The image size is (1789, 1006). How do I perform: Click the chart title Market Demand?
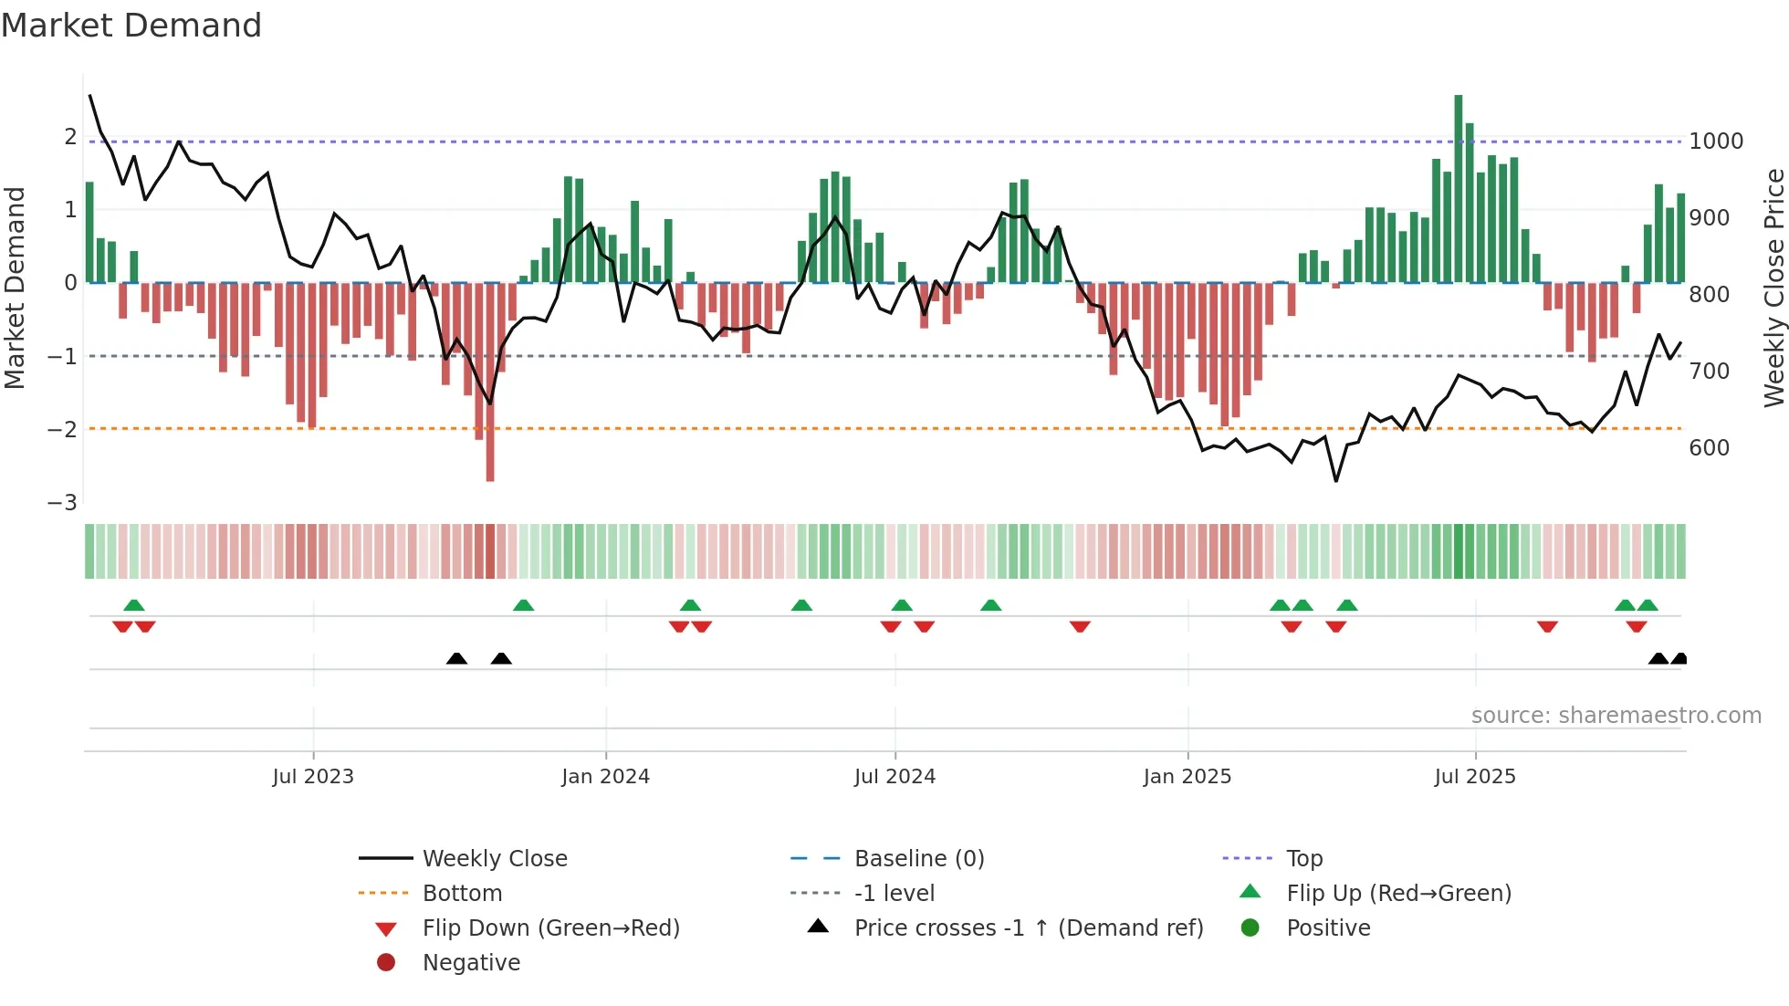(x=131, y=26)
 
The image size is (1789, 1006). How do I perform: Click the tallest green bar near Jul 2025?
(x=1458, y=188)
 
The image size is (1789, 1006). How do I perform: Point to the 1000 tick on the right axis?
(x=1716, y=141)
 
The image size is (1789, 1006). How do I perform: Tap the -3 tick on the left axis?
(x=63, y=503)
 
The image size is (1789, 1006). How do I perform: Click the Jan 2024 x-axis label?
(x=605, y=777)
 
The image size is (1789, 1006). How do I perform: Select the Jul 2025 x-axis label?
(x=1474, y=777)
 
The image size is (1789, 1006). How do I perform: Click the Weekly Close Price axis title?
(x=1773, y=288)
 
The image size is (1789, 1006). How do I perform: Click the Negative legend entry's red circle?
(x=386, y=963)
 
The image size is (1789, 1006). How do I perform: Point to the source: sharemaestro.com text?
(x=1616, y=716)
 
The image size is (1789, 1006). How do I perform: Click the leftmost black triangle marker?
(x=456, y=659)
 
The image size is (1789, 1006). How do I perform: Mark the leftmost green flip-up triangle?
(x=134, y=605)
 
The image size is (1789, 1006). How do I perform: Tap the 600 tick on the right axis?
(x=1709, y=448)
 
